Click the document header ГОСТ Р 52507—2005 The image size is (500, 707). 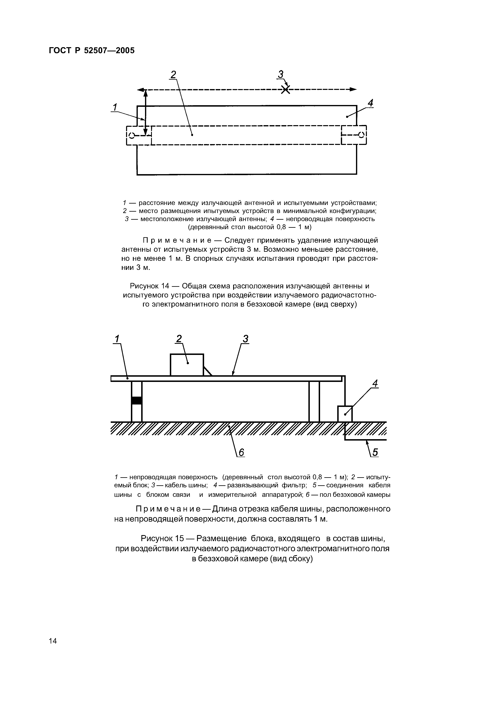click(92, 51)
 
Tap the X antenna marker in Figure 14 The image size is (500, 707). click(286, 90)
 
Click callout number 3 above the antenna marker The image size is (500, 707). click(280, 75)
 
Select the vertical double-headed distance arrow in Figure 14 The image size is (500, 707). click(146, 112)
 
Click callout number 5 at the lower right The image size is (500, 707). click(375, 452)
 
